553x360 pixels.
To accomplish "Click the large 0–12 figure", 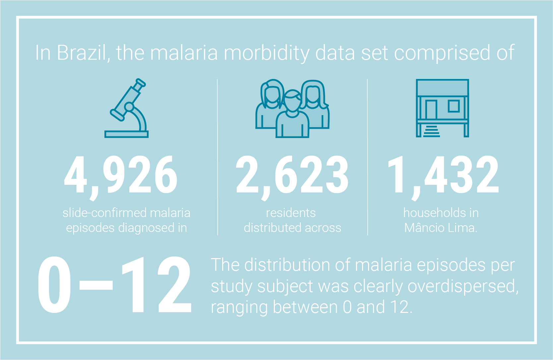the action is point(115,285).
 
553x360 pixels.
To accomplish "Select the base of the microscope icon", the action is point(126,134).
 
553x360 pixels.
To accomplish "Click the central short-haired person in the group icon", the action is point(292,114).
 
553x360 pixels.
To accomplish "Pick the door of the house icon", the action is point(431,110).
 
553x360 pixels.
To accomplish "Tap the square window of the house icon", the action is point(454,106).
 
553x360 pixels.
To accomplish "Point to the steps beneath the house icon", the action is point(432,131).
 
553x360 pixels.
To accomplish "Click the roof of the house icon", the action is point(442,88).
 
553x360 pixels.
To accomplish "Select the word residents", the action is point(291,213).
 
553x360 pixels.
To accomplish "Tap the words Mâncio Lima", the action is point(441,227).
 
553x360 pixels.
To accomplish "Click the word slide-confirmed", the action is point(104,213).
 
